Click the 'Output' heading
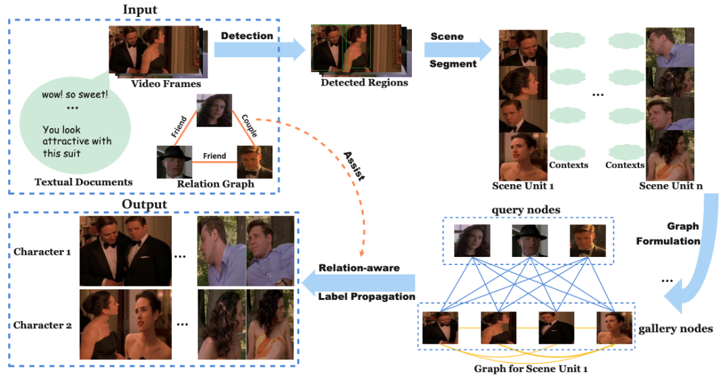click(144, 204)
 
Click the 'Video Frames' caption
click(166, 84)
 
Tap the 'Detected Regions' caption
click(364, 83)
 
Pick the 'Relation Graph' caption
click(215, 183)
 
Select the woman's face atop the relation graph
click(214, 111)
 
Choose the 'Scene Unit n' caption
click(674, 185)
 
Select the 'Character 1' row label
click(42, 252)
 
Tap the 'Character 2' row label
click(42, 325)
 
